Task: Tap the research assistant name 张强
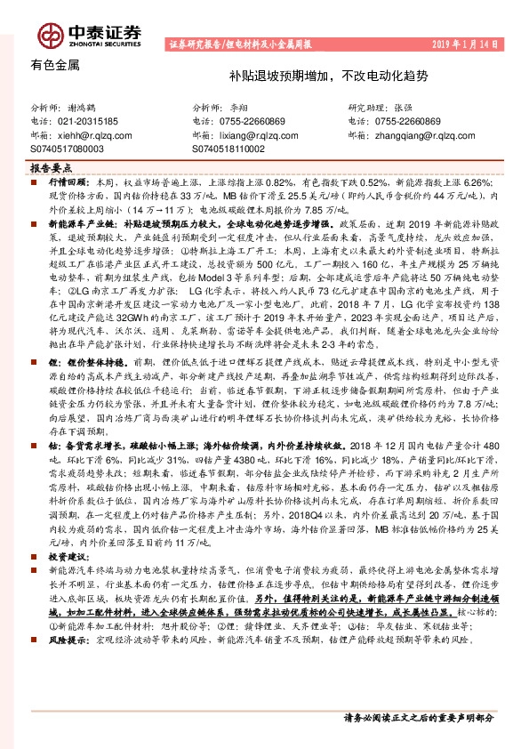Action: (403, 106)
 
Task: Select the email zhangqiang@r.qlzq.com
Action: (418, 136)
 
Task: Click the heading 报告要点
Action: (52, 167)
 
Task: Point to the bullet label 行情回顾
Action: (64, 181)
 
